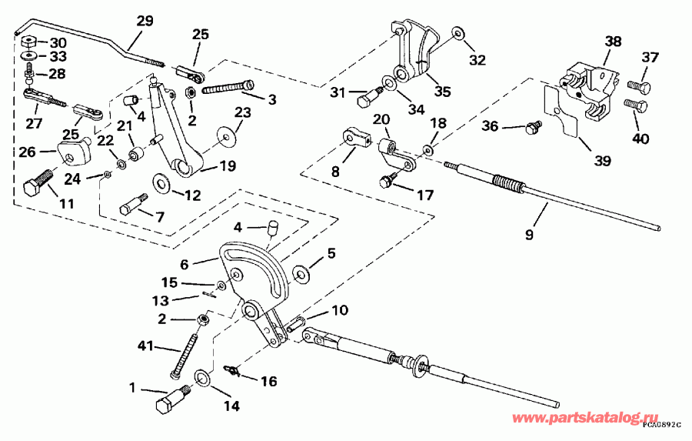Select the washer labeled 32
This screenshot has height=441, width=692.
pyautogui.click(x=459, y=33)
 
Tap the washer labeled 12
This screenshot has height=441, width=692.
pyautogui.click(x=161, y=182)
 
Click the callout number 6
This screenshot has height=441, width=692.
pyautogui.click(x=185, y=262)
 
